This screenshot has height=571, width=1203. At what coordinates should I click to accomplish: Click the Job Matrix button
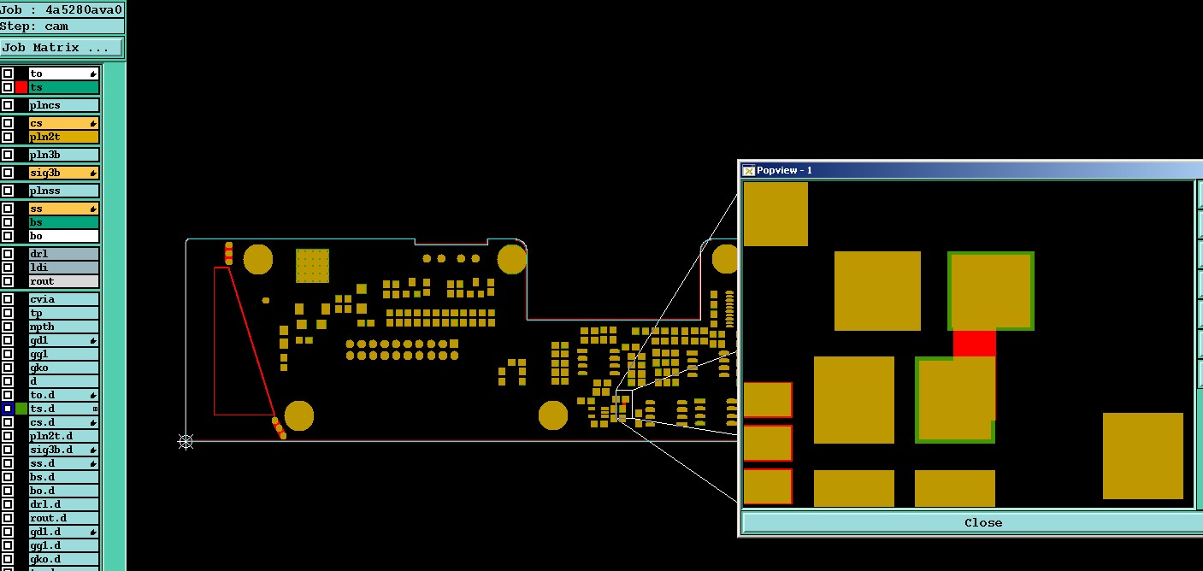click(62, 47)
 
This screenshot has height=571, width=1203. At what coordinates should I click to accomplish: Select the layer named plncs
click(64, 105)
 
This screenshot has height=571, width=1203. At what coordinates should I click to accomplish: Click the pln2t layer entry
click(64, 137)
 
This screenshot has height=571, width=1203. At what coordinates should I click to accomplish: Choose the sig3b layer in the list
click(64, 173)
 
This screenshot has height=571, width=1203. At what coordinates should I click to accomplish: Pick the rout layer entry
click(64, 281)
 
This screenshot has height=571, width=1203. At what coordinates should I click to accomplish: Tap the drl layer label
click(64, 254)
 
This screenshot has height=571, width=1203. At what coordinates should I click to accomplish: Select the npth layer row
click(64, 327)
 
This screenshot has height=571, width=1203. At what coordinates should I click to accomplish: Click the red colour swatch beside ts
click(21, 87)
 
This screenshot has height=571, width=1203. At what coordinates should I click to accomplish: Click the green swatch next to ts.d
click(21, 409)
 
